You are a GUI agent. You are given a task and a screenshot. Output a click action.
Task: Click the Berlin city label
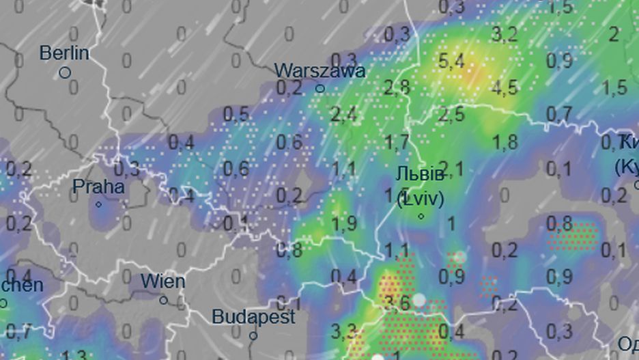click(x=64, y=53)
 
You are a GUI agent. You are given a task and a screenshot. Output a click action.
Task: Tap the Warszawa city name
click(x=319, y=70)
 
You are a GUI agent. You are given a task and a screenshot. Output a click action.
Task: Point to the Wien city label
click(x=162, y=281)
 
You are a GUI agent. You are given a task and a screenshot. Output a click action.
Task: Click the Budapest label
click(x=253, y=317)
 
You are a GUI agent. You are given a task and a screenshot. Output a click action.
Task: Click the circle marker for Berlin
click(x=65, y=72)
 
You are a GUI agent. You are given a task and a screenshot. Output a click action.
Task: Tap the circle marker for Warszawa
click(x=319, y=89)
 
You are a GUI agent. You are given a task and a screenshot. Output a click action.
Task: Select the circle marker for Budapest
click(x=253, y=335)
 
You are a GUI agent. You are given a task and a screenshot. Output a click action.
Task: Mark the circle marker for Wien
click(x=163, y=300)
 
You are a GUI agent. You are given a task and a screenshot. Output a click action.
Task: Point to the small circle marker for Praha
click(x=98, y=204)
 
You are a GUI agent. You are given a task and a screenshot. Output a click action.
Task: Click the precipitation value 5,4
click(x=451, y=61)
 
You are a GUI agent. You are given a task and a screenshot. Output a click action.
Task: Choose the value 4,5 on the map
click(x=505, y=88)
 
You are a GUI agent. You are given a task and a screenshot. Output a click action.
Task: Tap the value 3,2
click(x=505, y=34)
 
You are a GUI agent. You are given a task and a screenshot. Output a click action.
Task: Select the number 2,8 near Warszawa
click(x=397, y=87)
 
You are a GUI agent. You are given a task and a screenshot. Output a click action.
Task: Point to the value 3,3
click(x=343, y=332)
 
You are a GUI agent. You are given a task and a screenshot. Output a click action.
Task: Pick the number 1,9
click(x=343, y=223)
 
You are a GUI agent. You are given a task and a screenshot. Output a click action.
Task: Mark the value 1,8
click(x=505, y=142)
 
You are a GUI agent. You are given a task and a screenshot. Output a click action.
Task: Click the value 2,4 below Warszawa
click(x=343, y=115)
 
